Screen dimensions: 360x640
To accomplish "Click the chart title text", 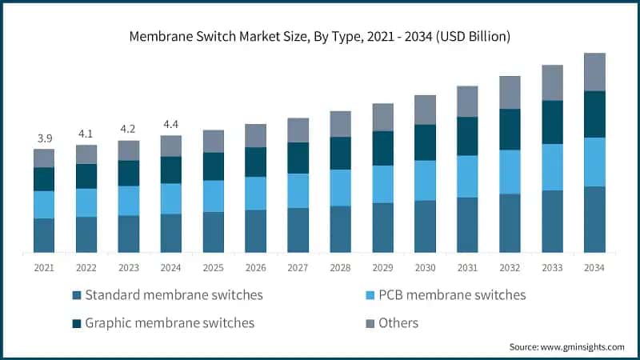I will [x=320, y=37].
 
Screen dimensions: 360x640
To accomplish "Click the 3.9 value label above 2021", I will [x=44, y=138].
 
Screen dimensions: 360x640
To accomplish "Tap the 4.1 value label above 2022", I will [x=86, y=134].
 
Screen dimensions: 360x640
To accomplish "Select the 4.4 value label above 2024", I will [x=171, y=125].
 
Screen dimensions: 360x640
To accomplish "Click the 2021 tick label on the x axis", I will [x=44, y=268].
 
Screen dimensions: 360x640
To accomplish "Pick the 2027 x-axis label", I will [x=298, y=268].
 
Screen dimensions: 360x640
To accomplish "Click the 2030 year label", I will [x=426, y=268].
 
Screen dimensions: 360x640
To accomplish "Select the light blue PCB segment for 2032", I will [x=510, y=172].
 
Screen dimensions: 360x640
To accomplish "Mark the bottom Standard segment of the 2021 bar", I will [x=44, y=235].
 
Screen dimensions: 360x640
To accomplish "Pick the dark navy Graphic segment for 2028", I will [x=341, y=153].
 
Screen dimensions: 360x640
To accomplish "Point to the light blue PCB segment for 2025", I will [x=214, y=196].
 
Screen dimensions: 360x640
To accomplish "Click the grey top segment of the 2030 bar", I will [x=426, y=110].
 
